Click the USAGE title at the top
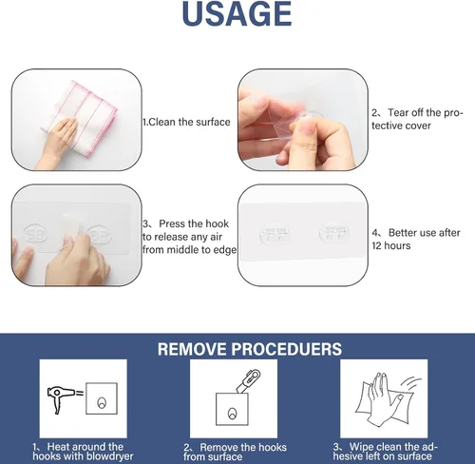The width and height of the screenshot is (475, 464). (237, 13)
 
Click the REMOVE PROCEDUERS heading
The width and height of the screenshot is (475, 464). (250, 349)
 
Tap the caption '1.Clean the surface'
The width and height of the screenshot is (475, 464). (186, 122)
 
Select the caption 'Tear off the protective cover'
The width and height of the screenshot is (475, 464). (417, 119)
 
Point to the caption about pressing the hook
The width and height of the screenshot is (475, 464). (189, 237)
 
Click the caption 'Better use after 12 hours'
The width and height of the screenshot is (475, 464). (416, 239)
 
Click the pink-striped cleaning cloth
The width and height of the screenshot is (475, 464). (79, 117)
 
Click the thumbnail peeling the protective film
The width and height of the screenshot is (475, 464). (303, 120)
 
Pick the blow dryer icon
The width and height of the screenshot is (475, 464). (61, 397)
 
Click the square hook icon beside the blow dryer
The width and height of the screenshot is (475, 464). (102, 398)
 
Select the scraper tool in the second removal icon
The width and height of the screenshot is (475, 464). (248, 380)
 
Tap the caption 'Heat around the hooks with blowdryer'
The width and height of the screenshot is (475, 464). (83, 452)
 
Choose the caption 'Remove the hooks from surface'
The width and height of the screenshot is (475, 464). (235, 452)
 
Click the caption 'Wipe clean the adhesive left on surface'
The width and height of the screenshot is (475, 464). (385, 452)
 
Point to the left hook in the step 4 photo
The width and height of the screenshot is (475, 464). (274, 234)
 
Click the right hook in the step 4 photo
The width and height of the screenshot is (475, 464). (334, 232)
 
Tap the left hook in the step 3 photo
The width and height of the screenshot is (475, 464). (36, 235)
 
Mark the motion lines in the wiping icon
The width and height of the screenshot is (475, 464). (412, 383)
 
